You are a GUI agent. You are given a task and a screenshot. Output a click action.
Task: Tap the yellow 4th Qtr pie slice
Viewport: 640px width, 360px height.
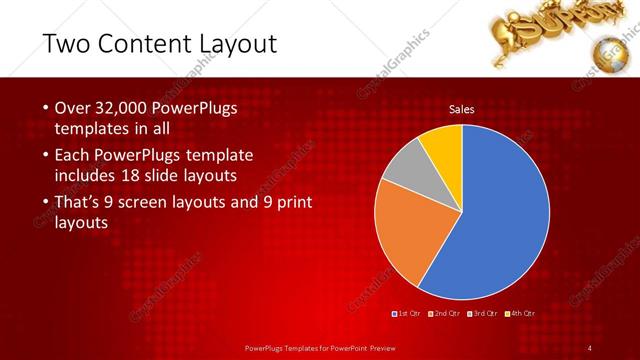[443, 146]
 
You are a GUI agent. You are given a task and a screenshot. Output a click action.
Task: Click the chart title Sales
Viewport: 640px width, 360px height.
[461, 109]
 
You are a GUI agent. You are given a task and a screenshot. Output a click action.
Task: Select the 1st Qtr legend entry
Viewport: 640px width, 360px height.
[407, 314]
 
